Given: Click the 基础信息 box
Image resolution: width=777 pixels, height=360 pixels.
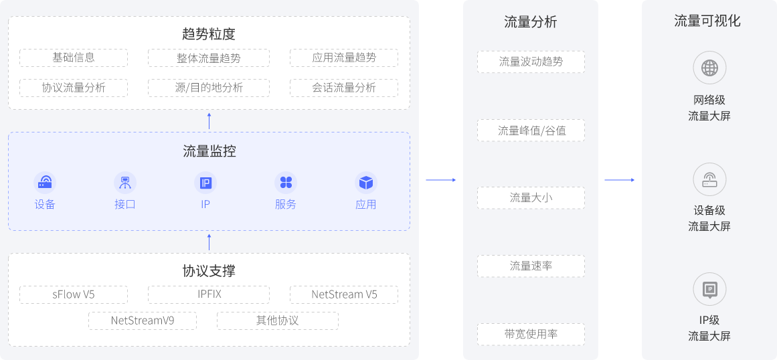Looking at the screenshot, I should (74, 58).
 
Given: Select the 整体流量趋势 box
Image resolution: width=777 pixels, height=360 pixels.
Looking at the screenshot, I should (209, 58).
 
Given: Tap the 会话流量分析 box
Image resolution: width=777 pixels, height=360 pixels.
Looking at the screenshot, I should (344, 88).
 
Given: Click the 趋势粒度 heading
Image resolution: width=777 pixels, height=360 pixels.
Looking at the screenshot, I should (209, 34).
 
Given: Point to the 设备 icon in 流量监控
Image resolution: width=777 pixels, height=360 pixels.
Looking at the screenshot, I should (45, 183).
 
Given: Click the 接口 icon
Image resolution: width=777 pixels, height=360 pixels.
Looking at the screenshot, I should (125, 183).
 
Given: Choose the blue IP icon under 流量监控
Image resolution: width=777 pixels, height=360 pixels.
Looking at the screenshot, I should (205, 183).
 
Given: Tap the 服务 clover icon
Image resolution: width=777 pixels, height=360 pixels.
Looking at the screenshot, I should (286, 183).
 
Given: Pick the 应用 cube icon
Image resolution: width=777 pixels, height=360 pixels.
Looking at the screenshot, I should (366, 183).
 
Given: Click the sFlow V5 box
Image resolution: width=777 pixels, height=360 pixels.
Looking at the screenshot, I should (74, 294).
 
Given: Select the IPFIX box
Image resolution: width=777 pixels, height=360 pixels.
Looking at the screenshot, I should (209, 294).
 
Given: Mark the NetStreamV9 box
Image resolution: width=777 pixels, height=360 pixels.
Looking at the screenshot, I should (143, 321).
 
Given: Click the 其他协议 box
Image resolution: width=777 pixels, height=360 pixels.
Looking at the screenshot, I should (278, 321).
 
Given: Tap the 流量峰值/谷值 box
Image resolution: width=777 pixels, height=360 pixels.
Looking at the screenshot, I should (531, 130).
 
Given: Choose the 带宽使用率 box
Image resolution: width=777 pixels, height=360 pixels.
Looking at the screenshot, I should (531, 334).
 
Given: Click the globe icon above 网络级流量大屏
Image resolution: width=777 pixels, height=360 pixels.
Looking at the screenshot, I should (709, 68).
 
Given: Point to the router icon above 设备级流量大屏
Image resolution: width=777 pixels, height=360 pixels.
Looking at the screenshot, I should (709, 179).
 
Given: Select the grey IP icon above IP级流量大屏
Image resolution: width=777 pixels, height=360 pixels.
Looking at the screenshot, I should (709, 290).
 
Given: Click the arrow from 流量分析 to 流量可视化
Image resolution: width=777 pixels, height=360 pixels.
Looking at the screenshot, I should (620, 180).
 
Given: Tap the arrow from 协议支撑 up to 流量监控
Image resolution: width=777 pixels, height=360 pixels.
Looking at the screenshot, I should (209, 242).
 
